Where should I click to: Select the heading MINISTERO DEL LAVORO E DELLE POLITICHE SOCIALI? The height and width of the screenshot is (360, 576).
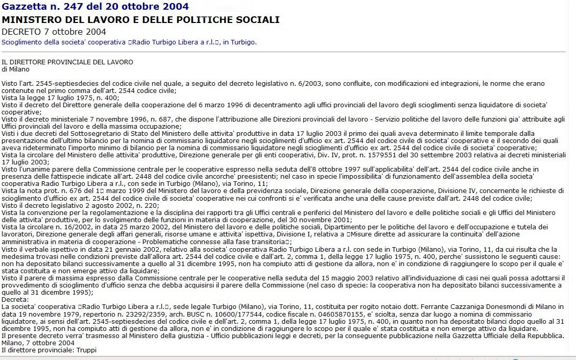pyautogui.click(x=140, y=20)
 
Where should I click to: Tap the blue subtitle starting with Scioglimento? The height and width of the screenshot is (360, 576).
pyautogui.click(x=129, y=42)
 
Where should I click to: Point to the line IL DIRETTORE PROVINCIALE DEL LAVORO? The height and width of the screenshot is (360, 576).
pyautogui.click(x=67, y=62)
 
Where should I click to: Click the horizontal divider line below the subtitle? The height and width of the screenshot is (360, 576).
pyautogui.click(x=284, y=52)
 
